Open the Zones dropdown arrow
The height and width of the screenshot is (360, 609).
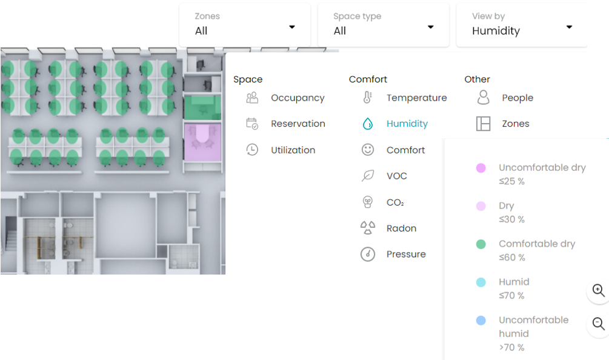point(292,27)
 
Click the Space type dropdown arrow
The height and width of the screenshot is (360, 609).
point(430,27)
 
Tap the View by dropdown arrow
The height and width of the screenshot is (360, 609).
point(569,27)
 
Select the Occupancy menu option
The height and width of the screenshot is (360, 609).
point(298,98)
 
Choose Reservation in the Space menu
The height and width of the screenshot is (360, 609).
point(298,124)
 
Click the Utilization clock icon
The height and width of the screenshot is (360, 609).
point(252,150)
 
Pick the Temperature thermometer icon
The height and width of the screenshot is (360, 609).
point(367,98)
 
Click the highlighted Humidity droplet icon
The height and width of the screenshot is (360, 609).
point(367,124)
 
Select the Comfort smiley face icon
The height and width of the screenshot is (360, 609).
point(367,150)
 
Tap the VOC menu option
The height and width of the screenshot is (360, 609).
point(396,176)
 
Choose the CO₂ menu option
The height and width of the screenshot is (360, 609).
point(395,202)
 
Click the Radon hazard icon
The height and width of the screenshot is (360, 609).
point(367,228)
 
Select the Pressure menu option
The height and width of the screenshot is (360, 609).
point(406,254)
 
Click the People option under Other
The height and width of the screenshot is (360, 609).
point(517,98)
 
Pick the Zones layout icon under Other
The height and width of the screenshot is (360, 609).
point(483,124)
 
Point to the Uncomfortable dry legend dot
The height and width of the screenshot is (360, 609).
point(481,168)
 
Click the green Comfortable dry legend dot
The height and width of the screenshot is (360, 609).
point(481,244)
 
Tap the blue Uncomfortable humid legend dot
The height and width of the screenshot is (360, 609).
point(481,321)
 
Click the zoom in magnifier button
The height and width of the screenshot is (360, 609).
point(598,290)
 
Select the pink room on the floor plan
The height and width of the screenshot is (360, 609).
point(202,142)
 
